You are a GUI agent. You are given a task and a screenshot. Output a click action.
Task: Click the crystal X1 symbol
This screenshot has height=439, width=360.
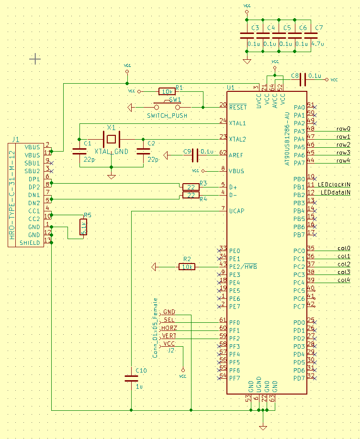click(111, 139)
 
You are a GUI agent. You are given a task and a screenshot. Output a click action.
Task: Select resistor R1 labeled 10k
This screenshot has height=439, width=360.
click(167, 91)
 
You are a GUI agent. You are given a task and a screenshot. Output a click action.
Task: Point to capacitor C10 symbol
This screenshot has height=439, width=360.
click(131, 378)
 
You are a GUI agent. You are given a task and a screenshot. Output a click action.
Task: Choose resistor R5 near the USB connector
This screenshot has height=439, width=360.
click(84, 227)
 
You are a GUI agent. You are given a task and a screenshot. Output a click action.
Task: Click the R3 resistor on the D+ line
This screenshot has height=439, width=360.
click(191, 187)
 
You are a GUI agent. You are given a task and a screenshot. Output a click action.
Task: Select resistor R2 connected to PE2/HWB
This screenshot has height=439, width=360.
click(187, 267)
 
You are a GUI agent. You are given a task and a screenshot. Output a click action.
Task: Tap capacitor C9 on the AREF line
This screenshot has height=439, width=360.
click(195, 155)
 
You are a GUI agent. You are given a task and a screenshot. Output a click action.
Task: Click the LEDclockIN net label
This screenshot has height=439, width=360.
click(334, 184)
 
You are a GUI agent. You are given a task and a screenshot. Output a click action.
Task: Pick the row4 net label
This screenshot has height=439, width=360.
click(343, 161)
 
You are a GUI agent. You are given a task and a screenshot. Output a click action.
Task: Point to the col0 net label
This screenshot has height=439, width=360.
click(344, 248)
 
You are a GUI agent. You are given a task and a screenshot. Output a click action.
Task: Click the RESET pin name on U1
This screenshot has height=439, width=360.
click(238, 108)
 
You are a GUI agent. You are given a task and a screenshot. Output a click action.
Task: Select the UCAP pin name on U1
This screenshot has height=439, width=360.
click(237, 211)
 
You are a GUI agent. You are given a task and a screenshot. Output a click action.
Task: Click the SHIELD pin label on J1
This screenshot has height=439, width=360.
click(30, 243)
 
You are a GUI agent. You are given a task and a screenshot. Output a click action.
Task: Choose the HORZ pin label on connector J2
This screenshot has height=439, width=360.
click(169, 328)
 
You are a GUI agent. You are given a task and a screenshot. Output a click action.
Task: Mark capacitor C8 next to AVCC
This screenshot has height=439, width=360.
click(303, 80)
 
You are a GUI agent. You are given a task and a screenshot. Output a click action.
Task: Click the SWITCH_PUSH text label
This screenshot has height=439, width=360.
click(167, 116)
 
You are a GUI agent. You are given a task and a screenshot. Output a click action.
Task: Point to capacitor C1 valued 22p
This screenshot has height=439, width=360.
click(79, 151)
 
